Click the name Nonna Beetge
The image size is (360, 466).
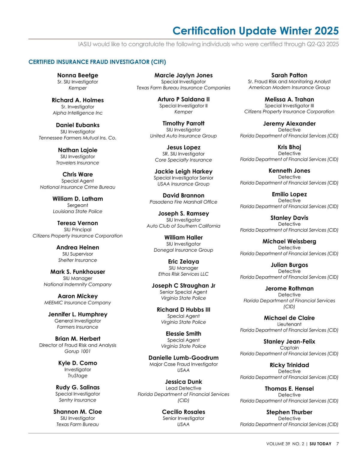pyautogui.click(x=78, y=75)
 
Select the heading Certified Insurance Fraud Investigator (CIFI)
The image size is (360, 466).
pyautogui.click(x=97, y=62)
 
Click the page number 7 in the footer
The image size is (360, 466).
pyautogui.click(x=337, y=444)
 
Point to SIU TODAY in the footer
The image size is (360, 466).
pyautogui.click(x=320, y=444)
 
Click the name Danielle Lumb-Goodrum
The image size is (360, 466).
pyautogui.click(x=184, y=358)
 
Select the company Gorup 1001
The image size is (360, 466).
pyautogui.click(x=78, y=351)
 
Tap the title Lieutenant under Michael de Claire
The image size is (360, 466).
pyautogui.click(x=289, y=324)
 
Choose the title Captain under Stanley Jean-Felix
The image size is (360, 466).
pyautogui.click(x=289, y=348)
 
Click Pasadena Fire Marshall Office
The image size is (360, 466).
pyautogui.click(x=184, y=202)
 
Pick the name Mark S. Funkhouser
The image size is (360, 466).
pyautogui.click(x=78, y=272)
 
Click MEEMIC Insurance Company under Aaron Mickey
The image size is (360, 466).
pyautogui.click(x=78, y=303)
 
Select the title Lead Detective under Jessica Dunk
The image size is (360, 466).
pyautogui.click(x=184, y=388)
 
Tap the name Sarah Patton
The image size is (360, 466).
pyautogui.click(x=289, y=75)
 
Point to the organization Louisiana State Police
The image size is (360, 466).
pyautogui.click(x=78, y=212)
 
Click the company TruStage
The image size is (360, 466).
pyautogui.click(x=78, y=376)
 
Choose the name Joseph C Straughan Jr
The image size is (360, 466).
pyautogui.click(x=184, y=286)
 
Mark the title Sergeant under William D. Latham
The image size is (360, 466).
pyautogui.click(x=78, y=205)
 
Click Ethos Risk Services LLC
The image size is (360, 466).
pyautogui.click(x=184, y=274)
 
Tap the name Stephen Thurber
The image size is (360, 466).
pyautogui.click(x=289, y=412)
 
